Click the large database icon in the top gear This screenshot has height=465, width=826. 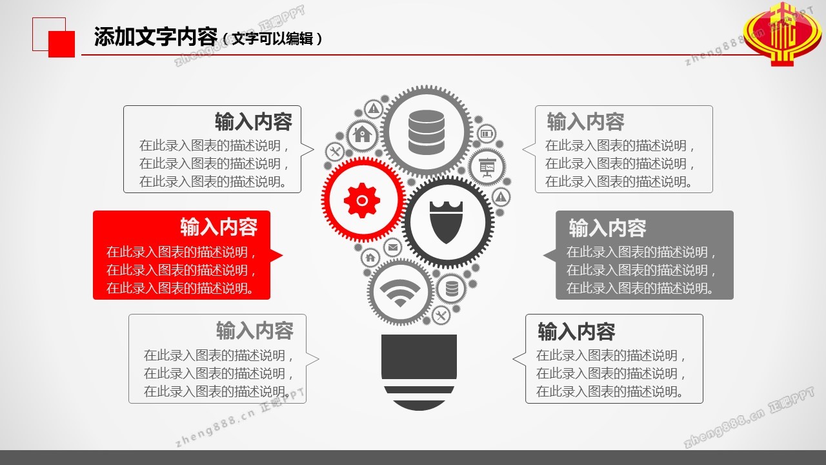click(x=427, y=132)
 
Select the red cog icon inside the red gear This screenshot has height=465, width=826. click(x=362, y=200)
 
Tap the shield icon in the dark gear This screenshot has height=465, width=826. click(x=446, y=222)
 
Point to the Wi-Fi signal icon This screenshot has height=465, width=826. click(x=400, y=293)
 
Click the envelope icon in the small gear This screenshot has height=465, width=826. click(x=393, y=247)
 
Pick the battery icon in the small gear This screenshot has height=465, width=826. click(x=487, y=134)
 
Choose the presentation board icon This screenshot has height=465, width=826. click(x=487, y=167)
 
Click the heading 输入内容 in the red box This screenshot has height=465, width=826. click(x=219, y=227)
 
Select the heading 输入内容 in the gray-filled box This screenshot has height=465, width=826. click(x=607, y=228)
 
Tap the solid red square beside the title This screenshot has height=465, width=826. click(x=61, y=44)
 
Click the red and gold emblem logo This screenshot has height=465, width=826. click(x=783, y=34)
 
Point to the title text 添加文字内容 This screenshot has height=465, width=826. click(x=156, y=37)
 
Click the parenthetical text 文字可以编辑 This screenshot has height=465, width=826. click(x=272, y=39)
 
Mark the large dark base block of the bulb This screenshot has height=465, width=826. click(x=419, y=357)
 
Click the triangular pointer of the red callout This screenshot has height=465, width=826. click(x=277, y=255)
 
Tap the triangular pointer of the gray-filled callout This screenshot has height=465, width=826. click(x=549, y=255)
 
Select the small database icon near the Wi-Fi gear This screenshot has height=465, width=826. click(x=452, y=289)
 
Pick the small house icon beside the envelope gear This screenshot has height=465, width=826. click(x=370, y=258)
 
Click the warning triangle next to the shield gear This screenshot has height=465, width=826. click(x=500, y=197)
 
